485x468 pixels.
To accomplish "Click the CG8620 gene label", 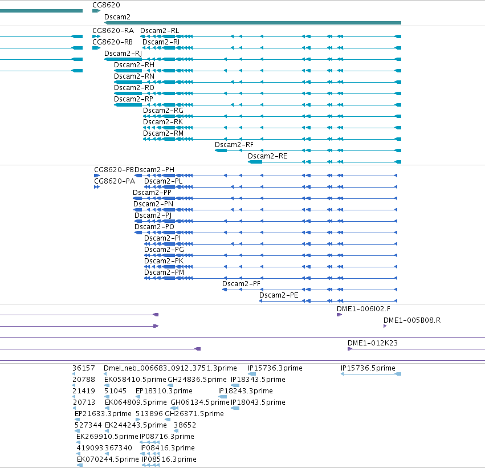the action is [106, 5].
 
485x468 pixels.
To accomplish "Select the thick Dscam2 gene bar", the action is [252, 23].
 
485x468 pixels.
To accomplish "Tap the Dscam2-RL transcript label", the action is [160, 31].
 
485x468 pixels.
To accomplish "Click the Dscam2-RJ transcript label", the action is [123, 54].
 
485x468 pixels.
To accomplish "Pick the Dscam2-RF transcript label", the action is [234, 145].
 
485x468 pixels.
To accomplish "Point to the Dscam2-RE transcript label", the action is [267, 156].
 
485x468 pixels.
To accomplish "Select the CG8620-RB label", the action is [113, 42].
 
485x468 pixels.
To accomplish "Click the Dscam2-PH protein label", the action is [154, 170].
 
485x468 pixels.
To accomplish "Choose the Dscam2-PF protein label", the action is [241, 284].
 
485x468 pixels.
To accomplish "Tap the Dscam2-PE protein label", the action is [279, 295].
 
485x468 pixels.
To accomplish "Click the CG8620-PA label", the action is [115, 181].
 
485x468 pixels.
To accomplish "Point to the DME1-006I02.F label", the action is [364, 309].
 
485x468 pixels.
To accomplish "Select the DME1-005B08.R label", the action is [412, 320].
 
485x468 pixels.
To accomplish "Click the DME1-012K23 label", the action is [373, 343].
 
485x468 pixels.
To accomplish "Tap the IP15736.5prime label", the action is [368, 368].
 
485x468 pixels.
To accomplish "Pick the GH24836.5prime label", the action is [197, 380].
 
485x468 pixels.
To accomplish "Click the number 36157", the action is [84, 368].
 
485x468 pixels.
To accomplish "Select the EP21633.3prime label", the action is [103, 414].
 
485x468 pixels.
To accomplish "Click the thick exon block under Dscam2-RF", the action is [221, 150].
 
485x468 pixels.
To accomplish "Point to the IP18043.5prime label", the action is [258, 402].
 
